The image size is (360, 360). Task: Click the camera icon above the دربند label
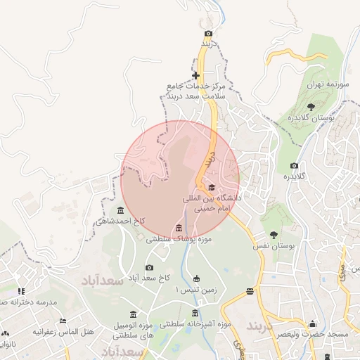pos(207,34)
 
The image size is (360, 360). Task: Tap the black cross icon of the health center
pos(195,75)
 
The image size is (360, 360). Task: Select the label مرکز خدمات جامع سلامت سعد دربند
pos(196,91)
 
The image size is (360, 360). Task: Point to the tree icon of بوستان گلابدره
pos(311,106)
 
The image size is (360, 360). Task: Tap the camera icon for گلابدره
pos(294,166)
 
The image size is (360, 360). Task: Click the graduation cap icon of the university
pos(212,186)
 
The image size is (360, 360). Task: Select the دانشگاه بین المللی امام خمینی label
pos(212,203)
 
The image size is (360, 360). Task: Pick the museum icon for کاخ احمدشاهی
pos(120,211)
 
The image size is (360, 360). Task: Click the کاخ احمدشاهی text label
pos(121,221)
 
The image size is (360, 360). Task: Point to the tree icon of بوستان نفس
pos(274,235)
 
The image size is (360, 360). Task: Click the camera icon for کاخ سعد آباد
pos(149,267)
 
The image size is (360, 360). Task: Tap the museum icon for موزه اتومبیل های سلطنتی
pos(133,314)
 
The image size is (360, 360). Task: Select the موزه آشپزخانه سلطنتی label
pos(195,325)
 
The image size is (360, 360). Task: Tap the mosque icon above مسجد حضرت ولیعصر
pos(312,323)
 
